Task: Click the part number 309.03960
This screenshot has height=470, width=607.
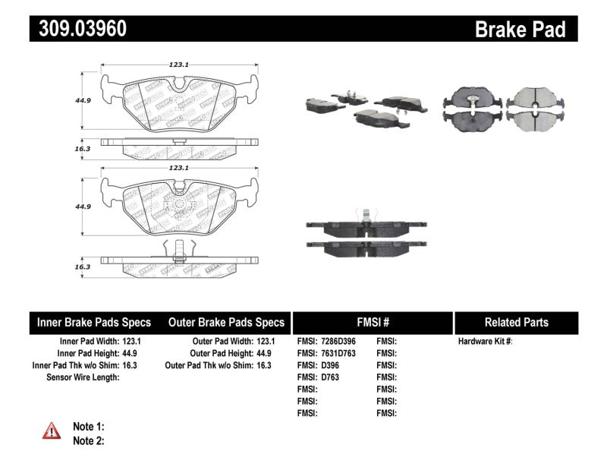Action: [79, 29]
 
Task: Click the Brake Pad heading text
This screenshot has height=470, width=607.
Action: [520, 30]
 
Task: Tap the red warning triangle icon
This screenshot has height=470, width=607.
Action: [51, 431]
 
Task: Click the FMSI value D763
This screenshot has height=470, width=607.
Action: [331, 377]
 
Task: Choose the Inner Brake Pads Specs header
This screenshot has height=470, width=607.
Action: [94, 322]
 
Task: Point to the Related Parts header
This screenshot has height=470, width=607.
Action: [516, 322]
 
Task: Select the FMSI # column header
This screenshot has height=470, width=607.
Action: [372, 322]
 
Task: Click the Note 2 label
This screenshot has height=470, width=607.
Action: [88, 440]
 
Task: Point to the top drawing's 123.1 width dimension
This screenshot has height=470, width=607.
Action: [178, 65]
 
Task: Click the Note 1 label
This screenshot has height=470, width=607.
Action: [88, 427]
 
